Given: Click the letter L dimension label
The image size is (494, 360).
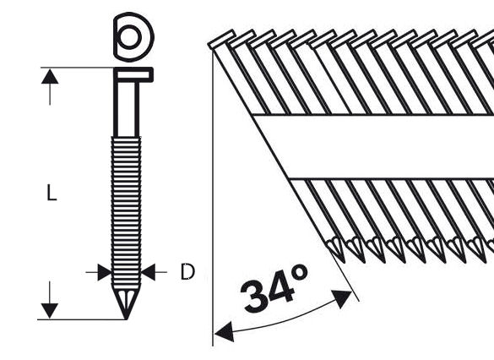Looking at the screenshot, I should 52,194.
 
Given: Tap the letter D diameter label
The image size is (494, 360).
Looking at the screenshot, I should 187,272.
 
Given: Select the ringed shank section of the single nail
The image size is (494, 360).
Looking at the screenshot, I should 127,211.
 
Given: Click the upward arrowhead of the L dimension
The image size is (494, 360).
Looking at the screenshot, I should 51,76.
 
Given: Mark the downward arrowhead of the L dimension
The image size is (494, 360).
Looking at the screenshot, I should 51,311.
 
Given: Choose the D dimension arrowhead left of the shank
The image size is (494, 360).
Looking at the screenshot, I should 104,272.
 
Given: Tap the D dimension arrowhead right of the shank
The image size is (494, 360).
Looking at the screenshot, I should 149,272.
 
